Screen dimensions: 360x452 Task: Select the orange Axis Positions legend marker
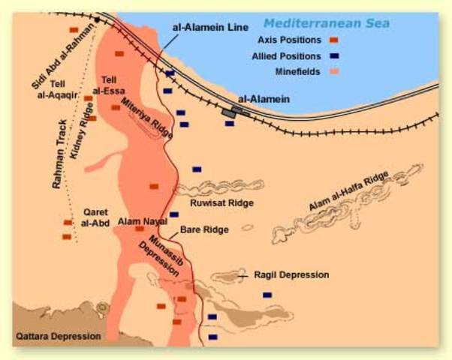click(333, 40)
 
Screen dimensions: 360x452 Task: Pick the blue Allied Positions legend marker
click(333, 55)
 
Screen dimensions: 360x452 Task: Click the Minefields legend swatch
click(333, 72)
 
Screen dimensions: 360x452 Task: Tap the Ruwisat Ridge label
click(223, 202)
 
